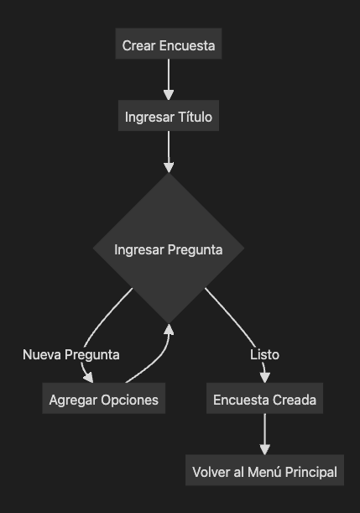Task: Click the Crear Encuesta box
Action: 169,44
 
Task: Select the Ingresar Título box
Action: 169,116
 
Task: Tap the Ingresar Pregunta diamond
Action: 169,249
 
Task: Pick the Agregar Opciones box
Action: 104,398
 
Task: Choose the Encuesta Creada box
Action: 264,398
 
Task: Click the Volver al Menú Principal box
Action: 264,470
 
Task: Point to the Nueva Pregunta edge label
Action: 71,354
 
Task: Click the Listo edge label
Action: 264,354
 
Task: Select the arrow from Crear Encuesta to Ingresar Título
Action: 169,80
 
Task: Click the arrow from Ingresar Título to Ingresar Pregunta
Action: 169,152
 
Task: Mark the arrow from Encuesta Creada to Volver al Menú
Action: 264,434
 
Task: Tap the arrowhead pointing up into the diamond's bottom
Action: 169,329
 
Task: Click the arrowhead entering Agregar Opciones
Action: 89,378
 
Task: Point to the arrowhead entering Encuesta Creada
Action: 264,378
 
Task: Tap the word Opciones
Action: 129,400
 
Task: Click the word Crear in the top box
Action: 138,45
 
